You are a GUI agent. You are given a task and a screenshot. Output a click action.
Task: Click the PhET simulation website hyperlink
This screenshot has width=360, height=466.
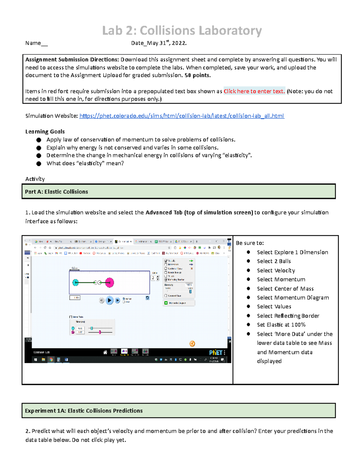181,116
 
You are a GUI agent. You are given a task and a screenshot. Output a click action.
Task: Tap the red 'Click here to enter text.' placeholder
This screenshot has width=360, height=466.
254,91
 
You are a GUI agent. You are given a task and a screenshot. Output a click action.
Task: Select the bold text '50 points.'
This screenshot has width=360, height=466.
197,75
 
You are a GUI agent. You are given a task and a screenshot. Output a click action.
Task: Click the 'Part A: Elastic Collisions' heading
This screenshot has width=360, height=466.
56,192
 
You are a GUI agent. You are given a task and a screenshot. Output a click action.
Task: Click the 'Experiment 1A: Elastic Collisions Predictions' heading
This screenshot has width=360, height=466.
84,411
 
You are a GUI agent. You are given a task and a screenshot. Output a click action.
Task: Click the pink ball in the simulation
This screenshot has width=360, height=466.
109,282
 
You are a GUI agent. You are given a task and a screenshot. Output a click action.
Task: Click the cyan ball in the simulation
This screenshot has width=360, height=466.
76,282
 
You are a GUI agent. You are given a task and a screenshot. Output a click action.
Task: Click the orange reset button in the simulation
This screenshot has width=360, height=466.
192,344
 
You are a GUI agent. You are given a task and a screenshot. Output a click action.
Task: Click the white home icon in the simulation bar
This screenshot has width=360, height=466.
105,352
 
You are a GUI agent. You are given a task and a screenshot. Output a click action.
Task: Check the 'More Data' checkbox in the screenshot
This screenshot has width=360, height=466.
71,317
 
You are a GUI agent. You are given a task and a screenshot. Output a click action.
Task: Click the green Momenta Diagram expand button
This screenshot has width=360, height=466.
166,303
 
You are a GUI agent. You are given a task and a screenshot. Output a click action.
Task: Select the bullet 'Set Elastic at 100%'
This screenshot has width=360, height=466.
281,325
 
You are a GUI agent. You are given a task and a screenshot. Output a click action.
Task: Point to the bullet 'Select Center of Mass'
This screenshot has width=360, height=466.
285,289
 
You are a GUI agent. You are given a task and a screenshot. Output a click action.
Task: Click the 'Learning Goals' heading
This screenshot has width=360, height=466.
45,131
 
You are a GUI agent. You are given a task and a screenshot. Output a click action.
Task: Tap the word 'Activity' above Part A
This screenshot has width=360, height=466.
35,179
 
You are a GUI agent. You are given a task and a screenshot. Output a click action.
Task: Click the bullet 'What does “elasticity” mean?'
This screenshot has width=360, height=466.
85,163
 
